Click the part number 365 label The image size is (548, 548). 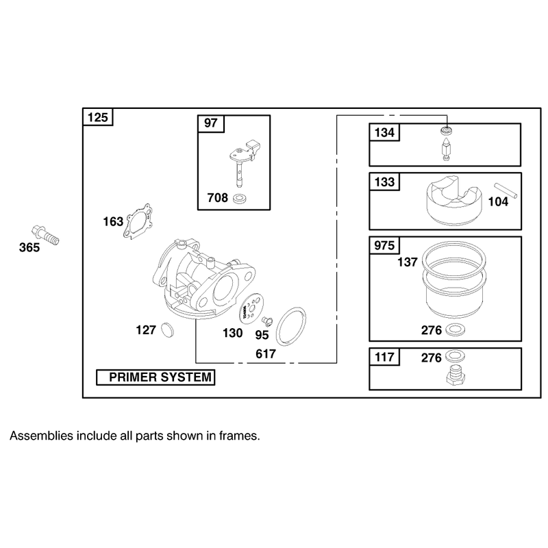29,247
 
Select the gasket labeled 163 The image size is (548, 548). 138,221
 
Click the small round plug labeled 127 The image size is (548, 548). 168,330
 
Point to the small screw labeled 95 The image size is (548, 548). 267,320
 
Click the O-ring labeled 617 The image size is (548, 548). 290,327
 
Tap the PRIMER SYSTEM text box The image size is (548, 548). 155,377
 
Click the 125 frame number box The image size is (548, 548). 98,117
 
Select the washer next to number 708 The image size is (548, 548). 240,199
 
